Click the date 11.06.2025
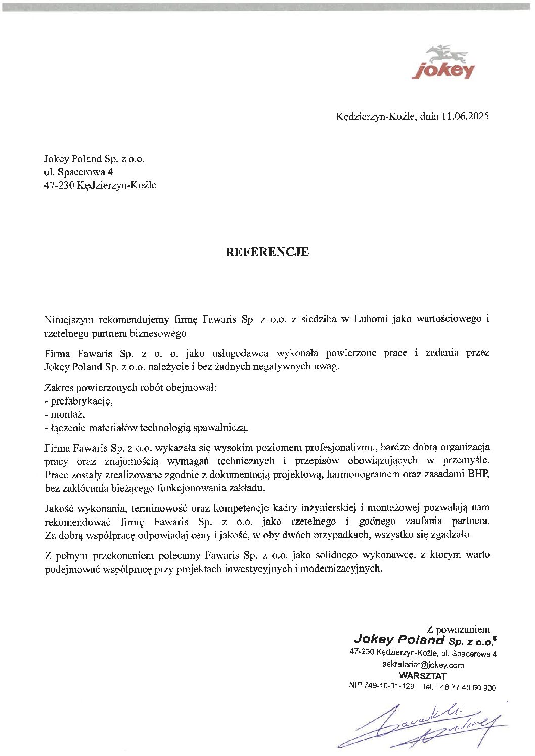(x=465, y=116)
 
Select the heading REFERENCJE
(x=266, y=252)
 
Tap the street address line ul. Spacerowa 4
(x=78, y=172)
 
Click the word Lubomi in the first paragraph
(x=371, y=319)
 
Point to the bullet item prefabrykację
(x=81, y=401)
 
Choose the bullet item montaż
(x=67, y=414)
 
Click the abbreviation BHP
(x=479, y=474)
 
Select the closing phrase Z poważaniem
(x=458, y=629)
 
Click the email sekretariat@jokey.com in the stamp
(x=423, y=665)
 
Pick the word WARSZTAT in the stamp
(x=423, y=676)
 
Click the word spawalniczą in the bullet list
(x=221, y=428)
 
